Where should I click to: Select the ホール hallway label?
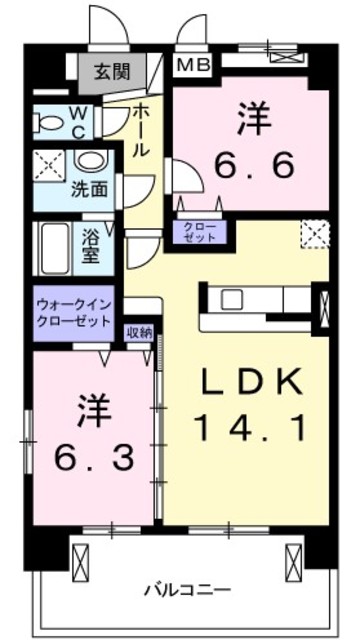[x=141, y=129]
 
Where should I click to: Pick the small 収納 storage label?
[x=138, y=334]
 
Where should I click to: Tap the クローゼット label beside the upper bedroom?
[x=200, y=232]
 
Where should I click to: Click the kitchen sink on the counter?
[x=232, y=298]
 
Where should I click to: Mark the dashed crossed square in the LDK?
[x=314, y=233]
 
